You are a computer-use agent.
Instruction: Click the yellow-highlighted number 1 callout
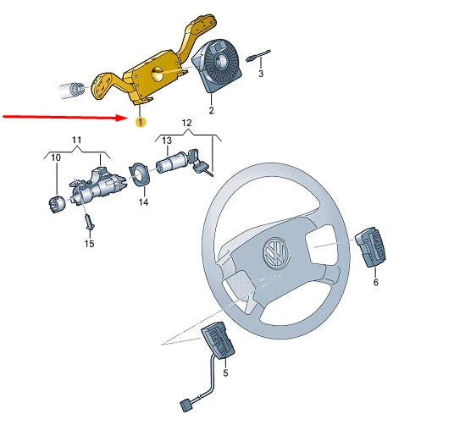tap(141, 123)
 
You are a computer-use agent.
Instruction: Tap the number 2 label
tap(212, 111)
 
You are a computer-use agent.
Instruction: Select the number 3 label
tap(261, 75)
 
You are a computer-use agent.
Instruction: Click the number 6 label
tap(375, 282)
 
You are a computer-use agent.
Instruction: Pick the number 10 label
tap(56, 158)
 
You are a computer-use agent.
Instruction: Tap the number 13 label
tap(167, 140)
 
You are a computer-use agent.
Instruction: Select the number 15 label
tap(89, 244)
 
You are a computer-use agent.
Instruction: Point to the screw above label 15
tap(88, 222)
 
